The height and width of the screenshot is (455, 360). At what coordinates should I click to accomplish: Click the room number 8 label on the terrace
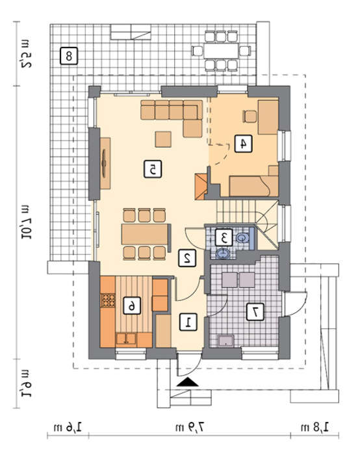pos(69,55)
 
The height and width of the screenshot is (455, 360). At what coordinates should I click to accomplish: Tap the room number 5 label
pos(153,170)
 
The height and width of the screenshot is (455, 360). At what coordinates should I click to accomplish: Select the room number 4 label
pos(243,144)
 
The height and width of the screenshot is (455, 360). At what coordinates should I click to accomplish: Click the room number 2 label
pos(187,257)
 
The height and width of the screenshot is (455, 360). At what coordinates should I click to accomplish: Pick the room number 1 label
pos(188,322)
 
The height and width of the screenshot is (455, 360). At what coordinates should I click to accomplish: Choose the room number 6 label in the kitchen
pos(132,305)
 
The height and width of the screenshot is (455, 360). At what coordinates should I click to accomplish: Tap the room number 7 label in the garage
pos(255,312)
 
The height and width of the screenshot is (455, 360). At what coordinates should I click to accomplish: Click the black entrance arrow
pos(188,382)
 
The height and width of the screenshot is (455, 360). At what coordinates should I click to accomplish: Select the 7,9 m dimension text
pos(190,427)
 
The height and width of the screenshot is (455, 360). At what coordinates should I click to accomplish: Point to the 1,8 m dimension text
pos(315,427)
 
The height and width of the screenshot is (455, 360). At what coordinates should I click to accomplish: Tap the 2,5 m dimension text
pos(26,54)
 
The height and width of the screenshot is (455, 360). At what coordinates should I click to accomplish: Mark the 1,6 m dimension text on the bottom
pos(68,427)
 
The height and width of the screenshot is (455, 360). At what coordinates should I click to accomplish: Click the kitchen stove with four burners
pos(108,300)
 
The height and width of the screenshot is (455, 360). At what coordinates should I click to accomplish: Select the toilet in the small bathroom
pos(242,238)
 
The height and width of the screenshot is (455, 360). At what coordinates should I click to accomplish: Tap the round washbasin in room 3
pos(224,253)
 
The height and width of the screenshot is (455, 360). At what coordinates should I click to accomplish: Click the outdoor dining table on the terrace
pos(221,51)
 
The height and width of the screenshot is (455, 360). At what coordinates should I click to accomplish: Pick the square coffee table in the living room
pos(162,139)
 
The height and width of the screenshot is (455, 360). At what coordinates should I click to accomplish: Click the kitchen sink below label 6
pos(126,339)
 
